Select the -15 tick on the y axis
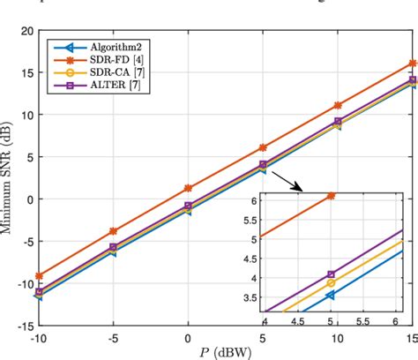pos(20,325)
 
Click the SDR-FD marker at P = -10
pos(38,275)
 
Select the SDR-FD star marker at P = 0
pos(188,188)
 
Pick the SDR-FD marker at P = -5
pos(113,231)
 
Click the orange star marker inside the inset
pos(331,195)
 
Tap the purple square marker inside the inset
pos(331,274)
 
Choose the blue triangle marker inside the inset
pos(331,295)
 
